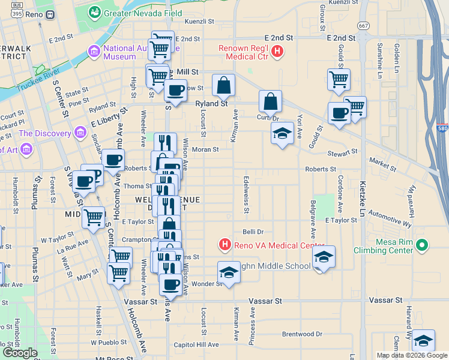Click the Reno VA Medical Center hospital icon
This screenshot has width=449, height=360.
[x=224, y=245]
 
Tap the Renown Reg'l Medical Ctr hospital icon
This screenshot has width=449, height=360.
[x=277, y=52]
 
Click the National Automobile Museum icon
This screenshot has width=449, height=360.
[x=94, y=52]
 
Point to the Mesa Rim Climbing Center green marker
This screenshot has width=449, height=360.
[x=422, y=245]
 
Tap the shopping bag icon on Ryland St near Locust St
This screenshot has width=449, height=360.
[x=223, y=85]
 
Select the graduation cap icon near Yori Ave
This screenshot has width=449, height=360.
[x=282, y=133]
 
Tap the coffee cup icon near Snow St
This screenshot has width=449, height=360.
[x=175, y=90]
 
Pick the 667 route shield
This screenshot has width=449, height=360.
[x=363, y=26]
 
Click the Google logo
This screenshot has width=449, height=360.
[x=20, y=352]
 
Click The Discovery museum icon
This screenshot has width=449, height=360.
[x=77, y=133]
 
